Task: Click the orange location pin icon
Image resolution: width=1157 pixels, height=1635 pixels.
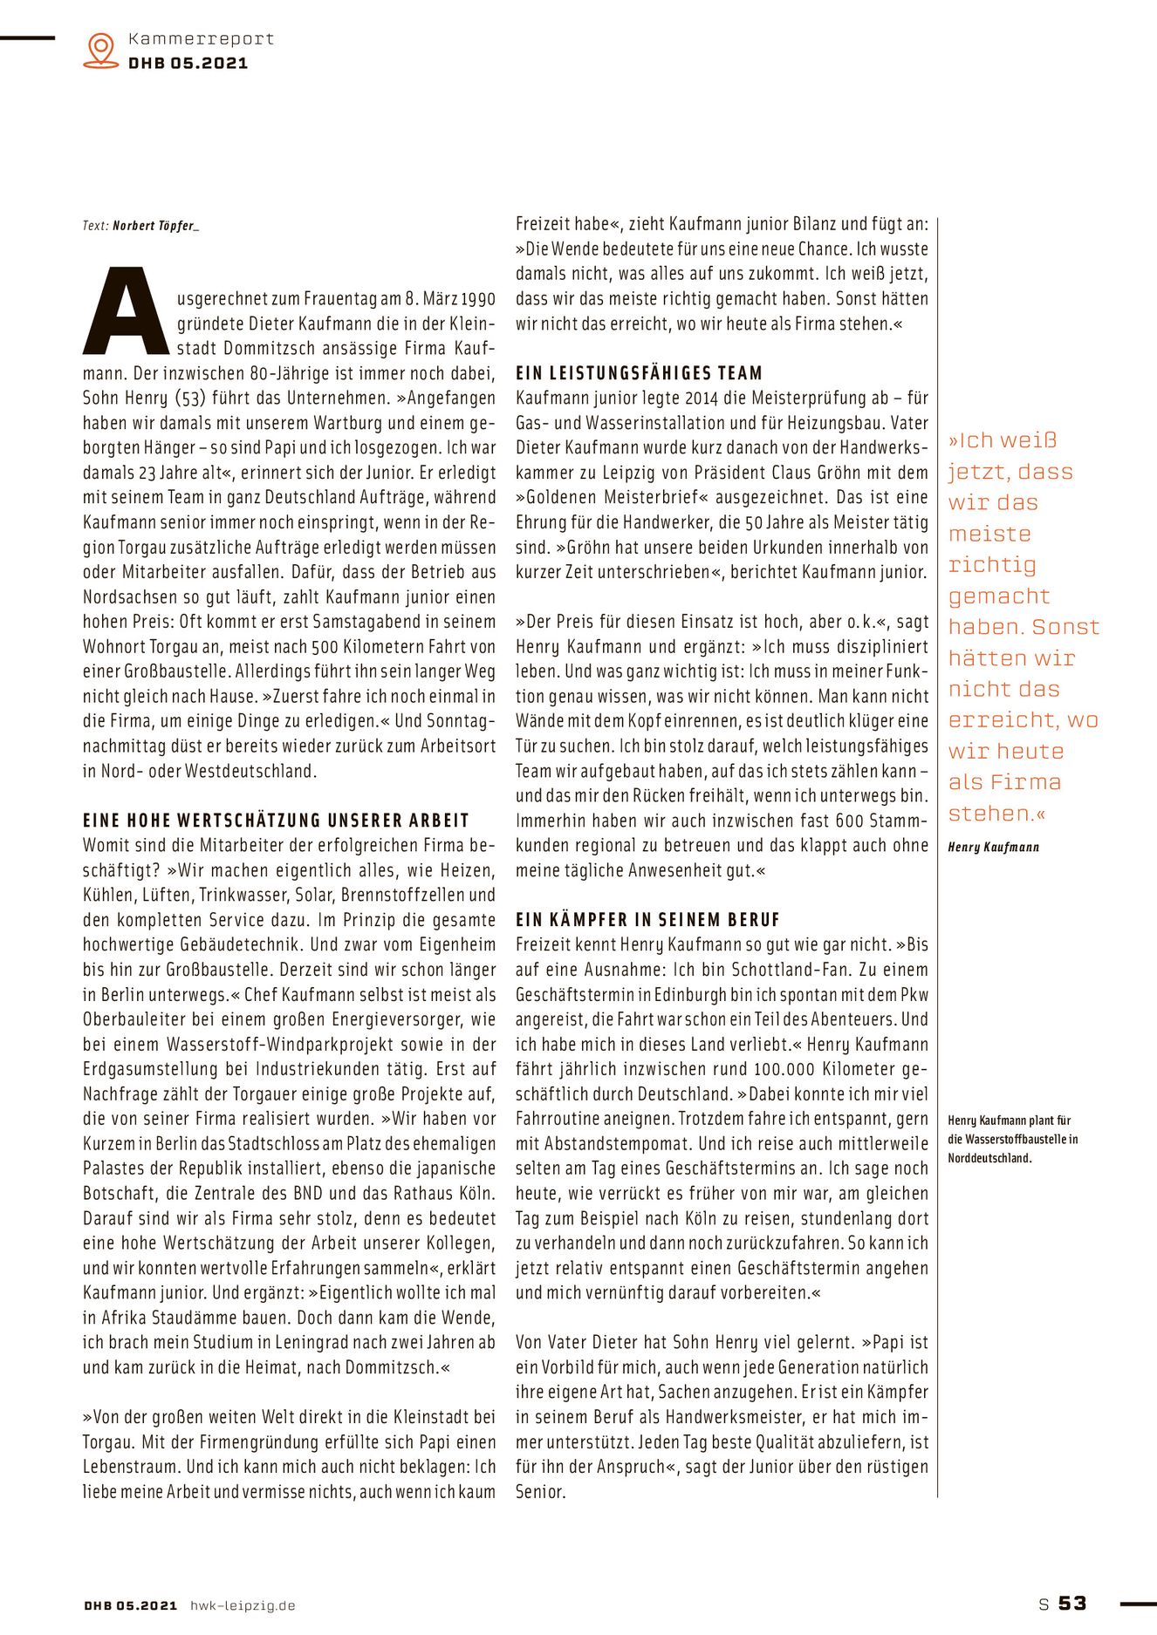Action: point(101,50)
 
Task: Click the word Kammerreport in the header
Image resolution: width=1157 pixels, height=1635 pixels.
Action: point(201,38)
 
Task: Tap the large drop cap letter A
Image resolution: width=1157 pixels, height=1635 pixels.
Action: point(126,312)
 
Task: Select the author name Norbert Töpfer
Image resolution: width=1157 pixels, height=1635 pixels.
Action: point(154,226)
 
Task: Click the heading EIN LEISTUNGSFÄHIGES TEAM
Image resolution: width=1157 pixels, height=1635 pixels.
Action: point(639,373)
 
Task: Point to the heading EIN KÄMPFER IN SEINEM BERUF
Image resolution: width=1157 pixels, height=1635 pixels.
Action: point(647,920)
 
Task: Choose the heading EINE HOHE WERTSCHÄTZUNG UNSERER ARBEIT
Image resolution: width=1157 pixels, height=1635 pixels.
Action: point(276,821)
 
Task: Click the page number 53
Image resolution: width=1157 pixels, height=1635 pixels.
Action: point(1072,1603)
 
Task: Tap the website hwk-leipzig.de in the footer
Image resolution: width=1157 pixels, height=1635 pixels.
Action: point(243,1605)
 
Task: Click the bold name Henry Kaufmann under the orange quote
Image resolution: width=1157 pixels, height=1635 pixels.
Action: point(993,847)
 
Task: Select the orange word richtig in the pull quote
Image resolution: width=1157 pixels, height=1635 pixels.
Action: point(992,565)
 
